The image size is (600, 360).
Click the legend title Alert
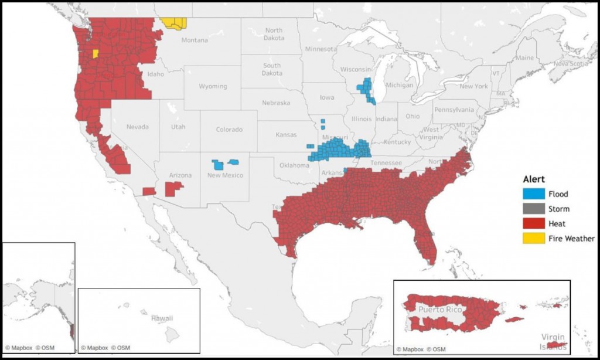tap(534, 179)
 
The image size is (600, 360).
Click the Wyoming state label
tap(213, 86)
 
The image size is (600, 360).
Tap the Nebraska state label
tap(275, 103)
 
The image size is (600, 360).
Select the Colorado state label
tap(229, 130)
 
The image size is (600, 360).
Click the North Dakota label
tap(274, 34)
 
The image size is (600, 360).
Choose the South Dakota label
tap(271, 69)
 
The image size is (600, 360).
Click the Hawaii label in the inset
tap(162, 318)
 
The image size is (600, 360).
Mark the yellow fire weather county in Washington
tap(95, 53)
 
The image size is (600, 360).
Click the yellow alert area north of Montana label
tap(174, 23)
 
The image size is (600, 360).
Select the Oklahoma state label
tap(294, 165)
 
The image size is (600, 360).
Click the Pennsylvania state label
tap(454, 110)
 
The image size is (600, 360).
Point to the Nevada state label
tap(138, 127)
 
